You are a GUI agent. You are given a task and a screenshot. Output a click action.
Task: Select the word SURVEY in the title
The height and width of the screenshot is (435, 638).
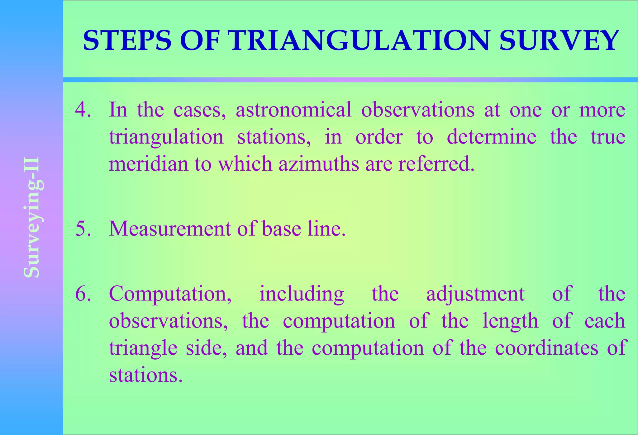559,40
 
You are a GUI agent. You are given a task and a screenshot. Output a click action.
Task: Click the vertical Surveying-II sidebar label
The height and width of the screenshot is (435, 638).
32,217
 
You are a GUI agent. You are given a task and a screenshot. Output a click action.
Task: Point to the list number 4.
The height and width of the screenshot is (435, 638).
83,110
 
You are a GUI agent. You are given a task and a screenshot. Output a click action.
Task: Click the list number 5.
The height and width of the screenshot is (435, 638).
83,229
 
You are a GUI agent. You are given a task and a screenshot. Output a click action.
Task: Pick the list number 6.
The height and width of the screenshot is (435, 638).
83,294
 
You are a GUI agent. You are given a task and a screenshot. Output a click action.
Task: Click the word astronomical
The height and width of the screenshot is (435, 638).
293,110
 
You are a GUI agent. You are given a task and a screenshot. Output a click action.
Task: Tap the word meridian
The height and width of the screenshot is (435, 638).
148,164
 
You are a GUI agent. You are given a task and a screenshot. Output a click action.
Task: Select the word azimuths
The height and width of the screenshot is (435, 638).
319,164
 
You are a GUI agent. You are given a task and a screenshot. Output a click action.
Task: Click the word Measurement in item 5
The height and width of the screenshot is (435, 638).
170,229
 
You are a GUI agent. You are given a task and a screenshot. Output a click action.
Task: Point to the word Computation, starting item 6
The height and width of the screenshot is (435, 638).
170,294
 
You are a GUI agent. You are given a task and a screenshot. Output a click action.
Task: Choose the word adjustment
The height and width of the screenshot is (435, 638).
475,294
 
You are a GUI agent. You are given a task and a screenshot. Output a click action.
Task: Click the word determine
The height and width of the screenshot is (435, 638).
492,137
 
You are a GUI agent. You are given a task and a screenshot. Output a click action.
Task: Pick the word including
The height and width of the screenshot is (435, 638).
302,294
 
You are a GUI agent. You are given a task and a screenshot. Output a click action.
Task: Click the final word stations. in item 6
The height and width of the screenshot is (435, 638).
145,375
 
